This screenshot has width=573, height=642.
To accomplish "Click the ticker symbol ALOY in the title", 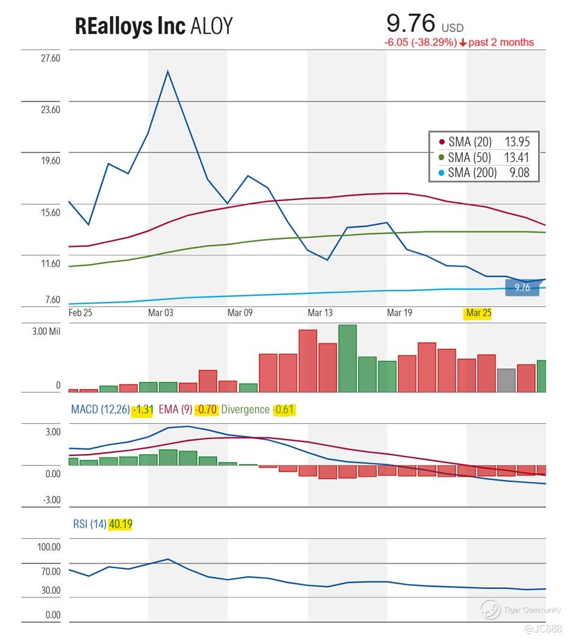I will click(x=211, y=26).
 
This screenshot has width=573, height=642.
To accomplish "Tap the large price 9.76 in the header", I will click(x=410, y=23).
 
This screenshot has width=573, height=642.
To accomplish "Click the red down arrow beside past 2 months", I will click(x=463, y=43).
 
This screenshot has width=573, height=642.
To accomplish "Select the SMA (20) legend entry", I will click(x=470, y=142).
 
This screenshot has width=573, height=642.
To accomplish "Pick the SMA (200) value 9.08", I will click(x=517, y=173).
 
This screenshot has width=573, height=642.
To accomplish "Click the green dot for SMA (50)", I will click(x=441, y=158).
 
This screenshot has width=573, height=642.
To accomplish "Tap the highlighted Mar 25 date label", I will click(x=478, y=313).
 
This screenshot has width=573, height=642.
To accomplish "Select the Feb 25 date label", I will click(x=81, y=313).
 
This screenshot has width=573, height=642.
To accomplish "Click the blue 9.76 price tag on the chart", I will click(x=521, y=288).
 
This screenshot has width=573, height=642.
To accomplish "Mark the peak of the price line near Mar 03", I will click(x=168, y=71).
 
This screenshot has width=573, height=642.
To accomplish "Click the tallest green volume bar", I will click(x=347, y=358).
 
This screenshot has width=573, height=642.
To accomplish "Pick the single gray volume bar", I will click(x=506, y=380).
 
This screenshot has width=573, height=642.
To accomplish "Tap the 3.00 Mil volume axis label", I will click(x=42, y=332).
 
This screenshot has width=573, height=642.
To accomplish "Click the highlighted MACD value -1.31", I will click(x=143, y=410).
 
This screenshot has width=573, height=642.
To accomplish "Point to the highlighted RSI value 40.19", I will click(x=120, y=525).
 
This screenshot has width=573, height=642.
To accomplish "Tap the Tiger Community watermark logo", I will click(x=490, y=609).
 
